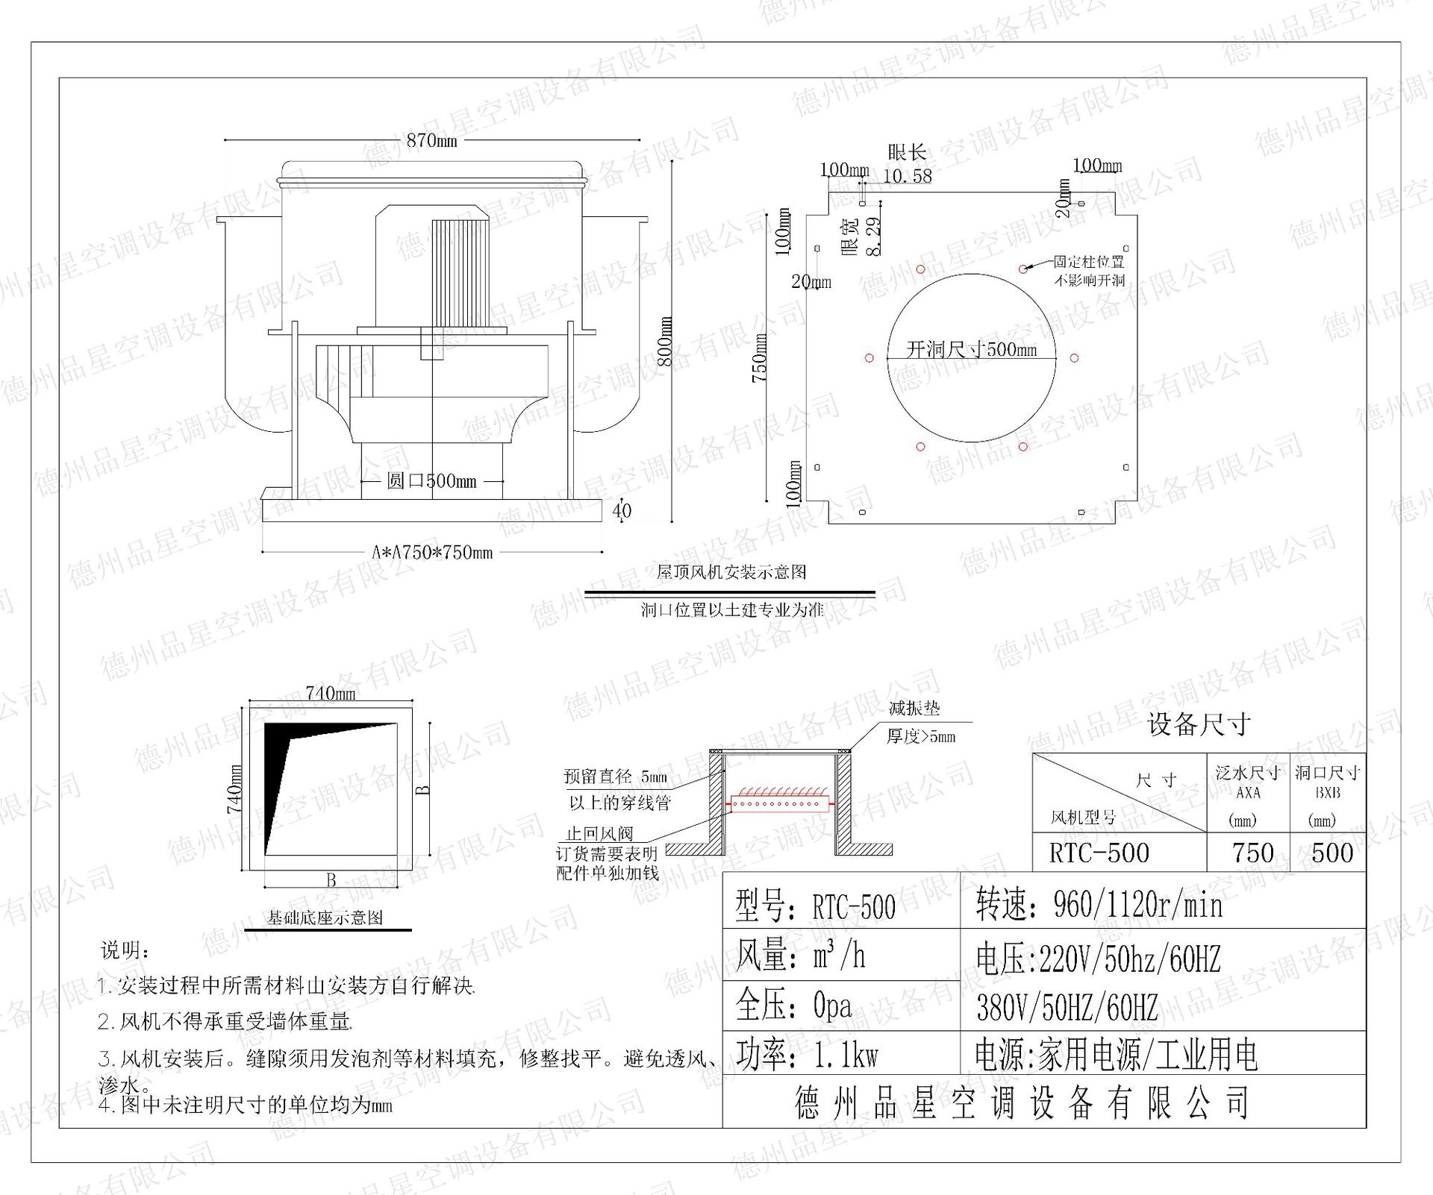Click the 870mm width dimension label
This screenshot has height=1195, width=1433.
(432, 140)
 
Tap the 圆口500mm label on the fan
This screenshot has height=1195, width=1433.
(431, 481)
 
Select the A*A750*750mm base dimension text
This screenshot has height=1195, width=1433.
(432, 553)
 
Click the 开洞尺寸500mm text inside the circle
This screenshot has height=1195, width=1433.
(971, 349)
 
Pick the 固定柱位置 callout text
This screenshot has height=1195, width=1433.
(1088, 262)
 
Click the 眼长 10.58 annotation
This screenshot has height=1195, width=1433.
(907, 165)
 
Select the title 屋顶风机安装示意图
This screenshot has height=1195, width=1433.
(731, 572)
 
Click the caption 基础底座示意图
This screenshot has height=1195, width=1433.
(325, 918)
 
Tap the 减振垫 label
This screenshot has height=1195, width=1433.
(914, 709)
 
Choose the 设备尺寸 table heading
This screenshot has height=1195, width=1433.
(1199, 724)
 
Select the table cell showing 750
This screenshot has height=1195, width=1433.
(1253, 853)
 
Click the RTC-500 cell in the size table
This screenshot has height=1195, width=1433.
(1099, 853)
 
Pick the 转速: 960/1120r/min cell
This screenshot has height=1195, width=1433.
(1099, 906)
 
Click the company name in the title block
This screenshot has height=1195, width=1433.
(1022, 1103)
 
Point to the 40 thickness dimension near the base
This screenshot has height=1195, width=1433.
(622, 511)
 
